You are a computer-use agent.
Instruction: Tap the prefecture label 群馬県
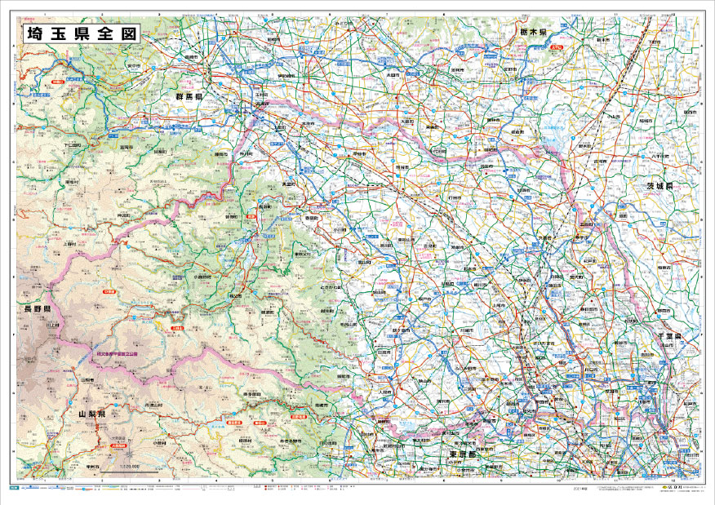189,96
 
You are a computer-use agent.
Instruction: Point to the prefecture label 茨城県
658,186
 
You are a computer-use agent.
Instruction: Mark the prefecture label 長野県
38,311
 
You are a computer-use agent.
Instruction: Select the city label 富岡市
126,148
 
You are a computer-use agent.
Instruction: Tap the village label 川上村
54,326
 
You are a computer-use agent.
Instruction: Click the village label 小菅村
160,442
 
